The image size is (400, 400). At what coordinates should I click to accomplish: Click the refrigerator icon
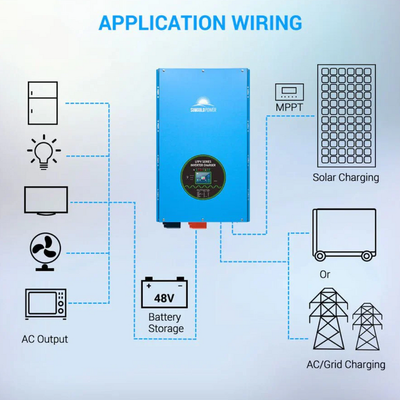coord(43,103)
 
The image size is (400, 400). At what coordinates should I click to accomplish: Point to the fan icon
coord(45,252)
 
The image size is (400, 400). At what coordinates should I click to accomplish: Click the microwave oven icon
coord(45,304)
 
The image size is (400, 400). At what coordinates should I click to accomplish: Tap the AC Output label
coord(45,339)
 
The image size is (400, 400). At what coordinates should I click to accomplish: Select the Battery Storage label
coord(165,323)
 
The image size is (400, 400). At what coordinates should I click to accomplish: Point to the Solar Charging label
coord(346,177)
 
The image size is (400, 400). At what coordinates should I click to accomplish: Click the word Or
coord(325,274)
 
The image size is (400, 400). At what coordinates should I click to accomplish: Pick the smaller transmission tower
coord(367,327)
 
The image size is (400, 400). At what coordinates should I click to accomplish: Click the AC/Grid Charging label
coord(346,364)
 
